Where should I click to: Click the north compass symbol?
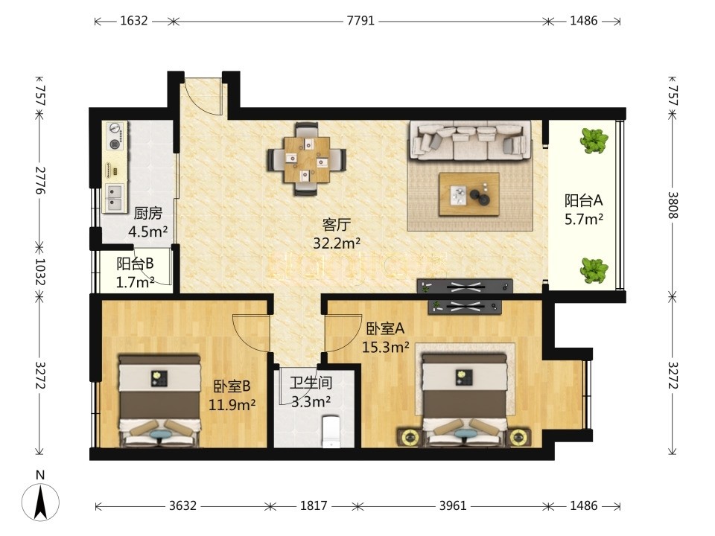pos(40,501)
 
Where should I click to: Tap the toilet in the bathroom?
pos(331,431)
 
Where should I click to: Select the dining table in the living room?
pos(306,159)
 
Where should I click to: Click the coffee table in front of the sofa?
pos(468,194)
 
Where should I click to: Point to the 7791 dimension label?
pos(360,21)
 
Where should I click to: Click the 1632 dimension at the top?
pos(133,21)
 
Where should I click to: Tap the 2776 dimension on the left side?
pos(41,180)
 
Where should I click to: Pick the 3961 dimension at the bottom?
pos(453,505)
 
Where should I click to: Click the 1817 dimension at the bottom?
pos(314,505)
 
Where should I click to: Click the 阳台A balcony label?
pos(584,200)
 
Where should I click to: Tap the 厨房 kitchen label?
pos(148,213)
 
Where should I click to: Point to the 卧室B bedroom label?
pos(232,386)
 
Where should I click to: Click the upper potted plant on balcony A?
pos(594,140)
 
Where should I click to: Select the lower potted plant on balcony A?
pos(594,269)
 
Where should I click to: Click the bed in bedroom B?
pos(159,401)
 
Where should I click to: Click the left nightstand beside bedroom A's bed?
pos(409,438)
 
